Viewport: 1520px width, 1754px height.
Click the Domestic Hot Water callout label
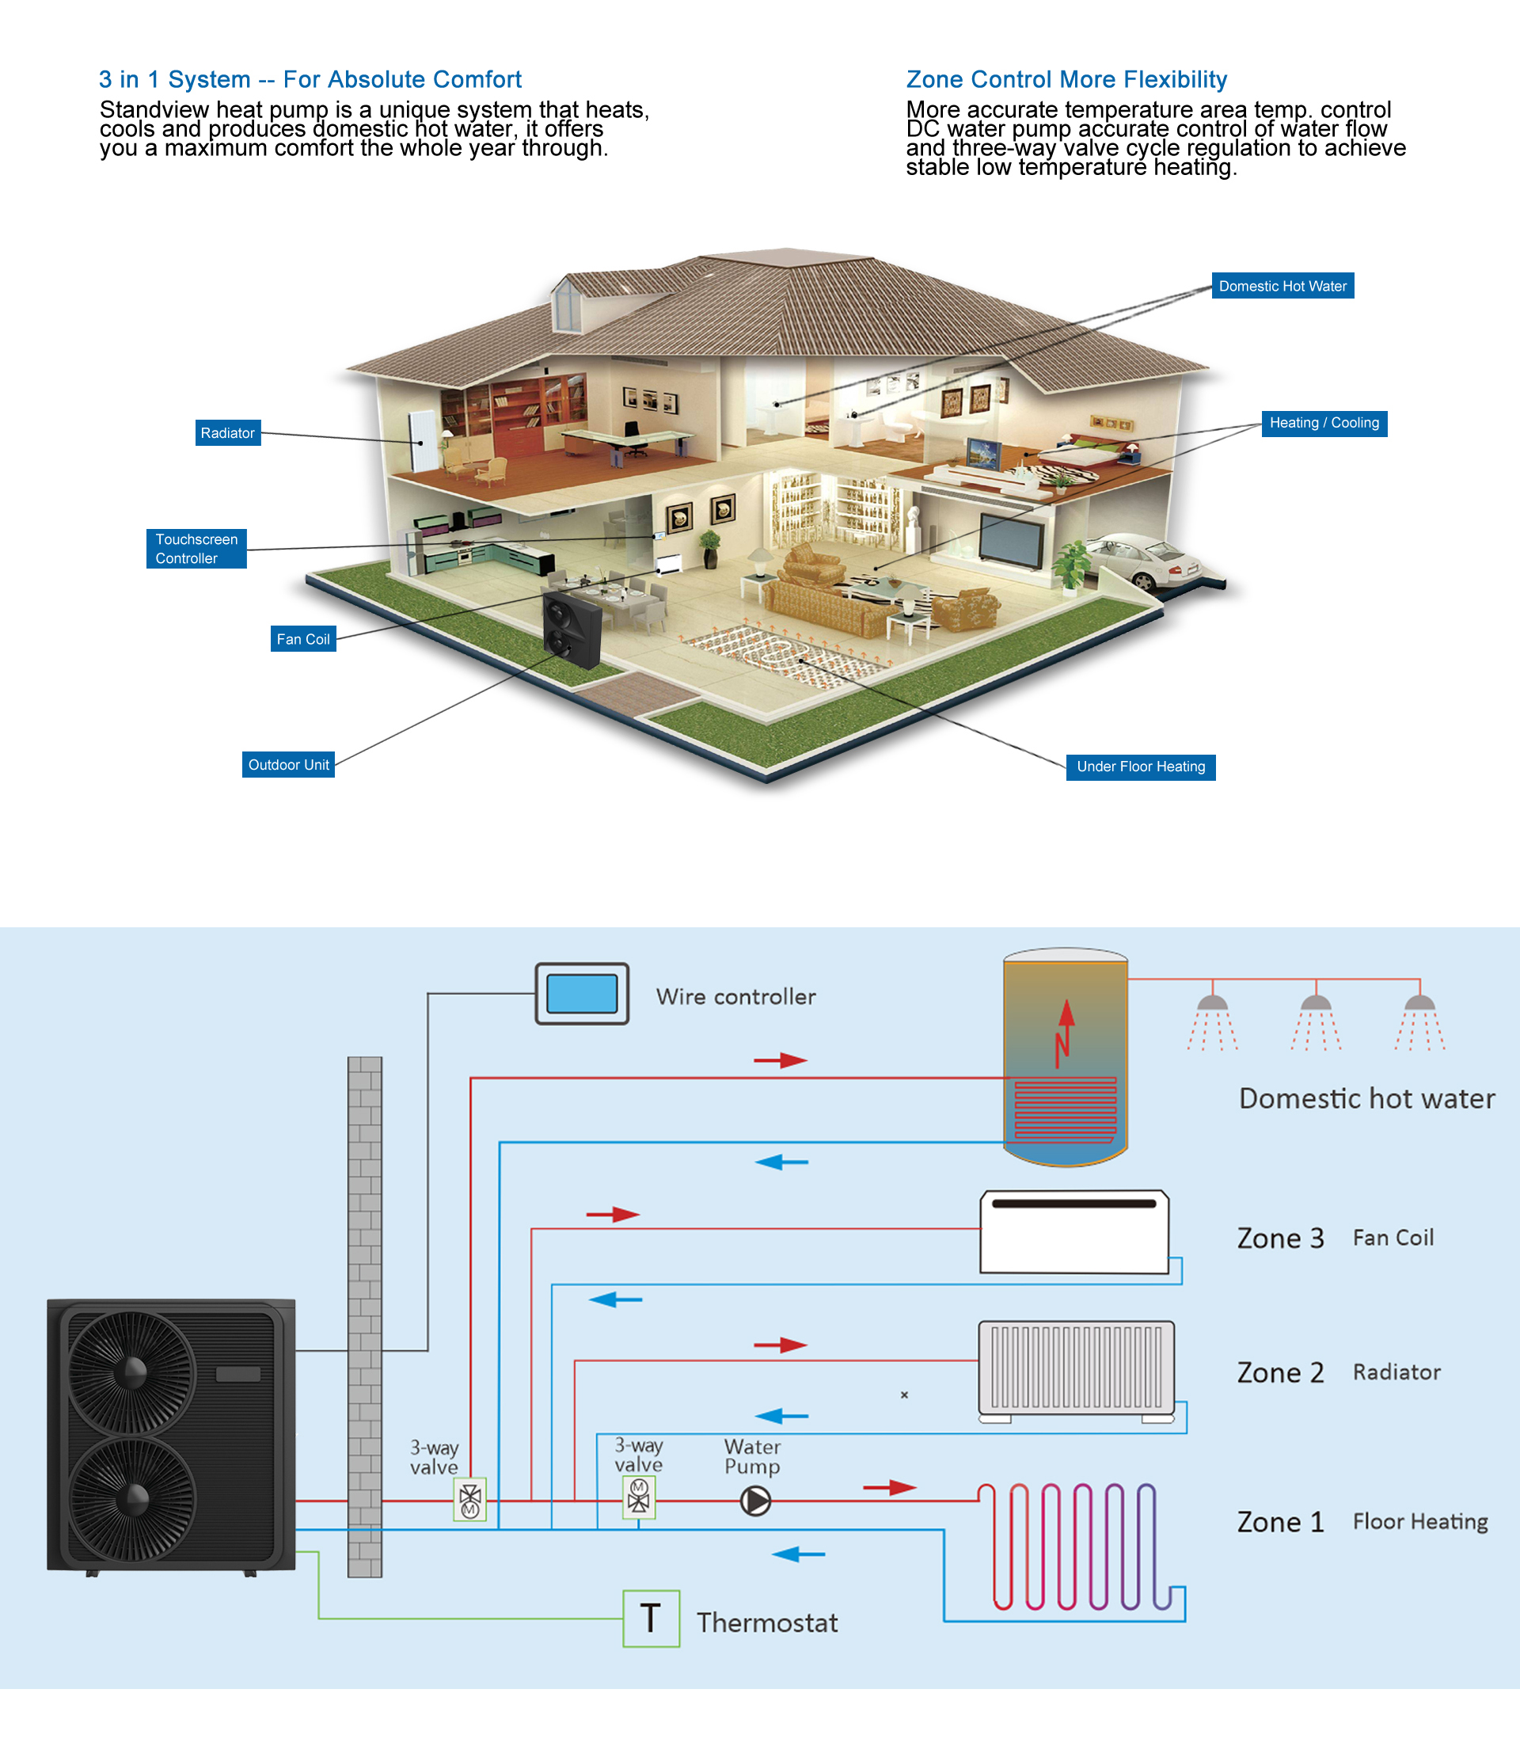1282,286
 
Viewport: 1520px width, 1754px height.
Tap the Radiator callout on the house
227,433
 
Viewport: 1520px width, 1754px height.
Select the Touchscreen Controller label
196,548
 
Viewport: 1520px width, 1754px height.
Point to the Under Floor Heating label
1140,767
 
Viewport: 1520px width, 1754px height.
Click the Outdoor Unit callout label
287,765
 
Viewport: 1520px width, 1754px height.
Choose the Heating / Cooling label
1323,423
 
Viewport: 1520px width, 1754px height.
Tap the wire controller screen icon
582,994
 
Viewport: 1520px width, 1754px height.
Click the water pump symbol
755,1501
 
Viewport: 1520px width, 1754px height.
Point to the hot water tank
1065,1056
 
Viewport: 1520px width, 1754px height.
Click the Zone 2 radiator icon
1077,1368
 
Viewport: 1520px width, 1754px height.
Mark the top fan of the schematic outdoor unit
131,1372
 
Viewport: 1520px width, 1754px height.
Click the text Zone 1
1280,1521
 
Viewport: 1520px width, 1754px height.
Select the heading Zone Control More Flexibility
1066,79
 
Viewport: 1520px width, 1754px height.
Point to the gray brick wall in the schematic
365,1315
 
